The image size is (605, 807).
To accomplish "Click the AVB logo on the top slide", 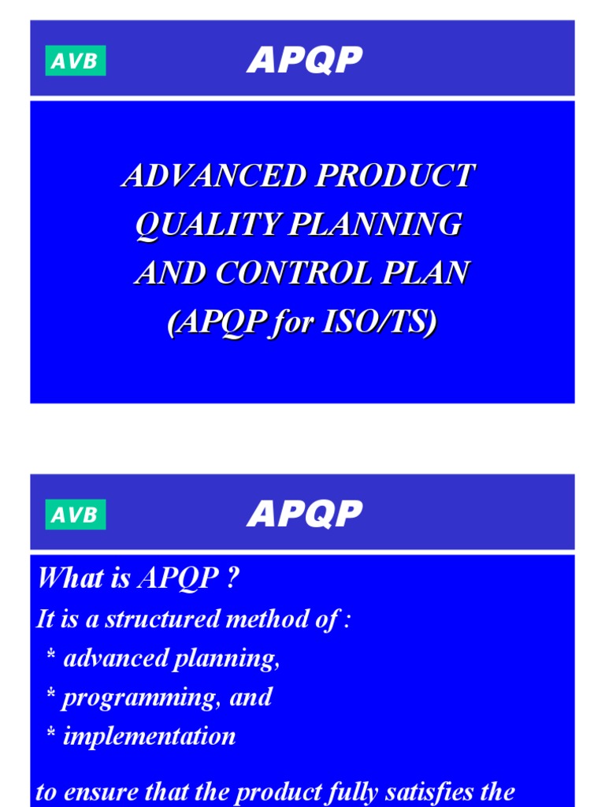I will (76, 61).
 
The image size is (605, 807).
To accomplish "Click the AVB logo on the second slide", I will (76, 515).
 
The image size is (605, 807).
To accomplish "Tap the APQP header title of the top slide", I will (304, 60).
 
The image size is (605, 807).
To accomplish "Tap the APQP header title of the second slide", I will (304, 514).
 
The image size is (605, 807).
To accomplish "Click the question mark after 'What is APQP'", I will (232, 578).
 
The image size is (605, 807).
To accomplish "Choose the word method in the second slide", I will (269, 619).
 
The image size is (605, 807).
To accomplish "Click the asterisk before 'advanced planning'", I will (51, 660).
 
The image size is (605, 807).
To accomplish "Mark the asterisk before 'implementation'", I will (51, 738).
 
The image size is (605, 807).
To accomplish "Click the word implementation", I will (149, 737).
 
